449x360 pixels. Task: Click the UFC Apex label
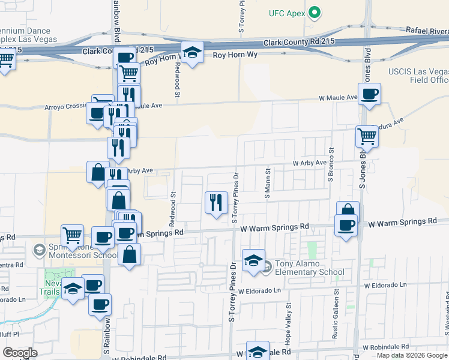[288, 13]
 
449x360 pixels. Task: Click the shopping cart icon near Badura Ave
[367, 136]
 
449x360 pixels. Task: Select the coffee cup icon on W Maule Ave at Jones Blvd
[370, 94]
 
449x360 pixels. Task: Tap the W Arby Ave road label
[309, 163]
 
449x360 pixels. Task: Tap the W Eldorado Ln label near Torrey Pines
[259, 291]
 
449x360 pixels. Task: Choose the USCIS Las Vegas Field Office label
[419, 76]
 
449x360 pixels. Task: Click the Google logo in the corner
[20, 353]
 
